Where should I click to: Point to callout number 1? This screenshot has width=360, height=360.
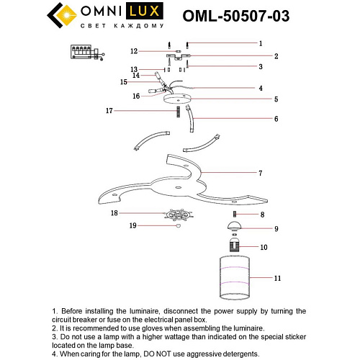click(261, 43)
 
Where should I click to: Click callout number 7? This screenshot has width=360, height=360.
click(261, 174)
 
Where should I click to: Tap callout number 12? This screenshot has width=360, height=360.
click(134, 51)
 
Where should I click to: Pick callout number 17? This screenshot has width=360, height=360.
click(109, 111)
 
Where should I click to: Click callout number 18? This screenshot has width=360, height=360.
click(113, 214)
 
